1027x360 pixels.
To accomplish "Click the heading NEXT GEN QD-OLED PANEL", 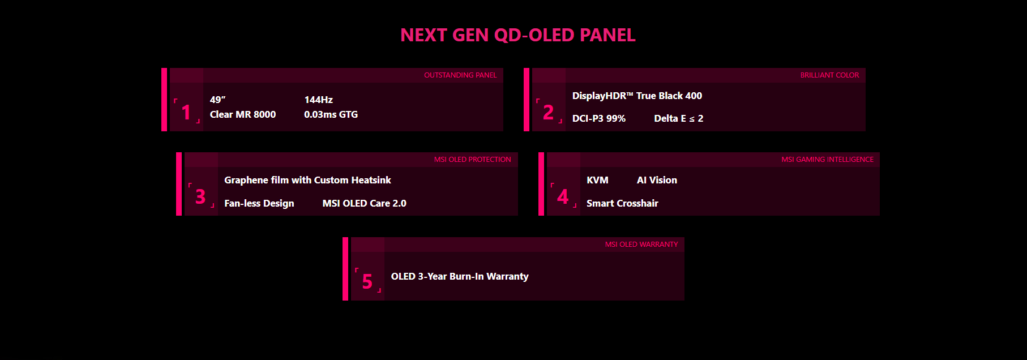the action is click(517, 35).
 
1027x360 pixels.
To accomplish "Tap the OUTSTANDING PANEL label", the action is click(460, 75).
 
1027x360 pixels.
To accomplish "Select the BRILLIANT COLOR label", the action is click(829, 75).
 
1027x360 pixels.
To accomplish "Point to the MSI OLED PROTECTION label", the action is click(472, 160).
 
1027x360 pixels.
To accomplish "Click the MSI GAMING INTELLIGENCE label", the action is click(827, 160).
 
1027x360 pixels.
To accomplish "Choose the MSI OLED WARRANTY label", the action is click(641, 245).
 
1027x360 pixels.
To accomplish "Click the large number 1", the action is click(186, 113).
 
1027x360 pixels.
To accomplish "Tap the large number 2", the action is click(548, 113).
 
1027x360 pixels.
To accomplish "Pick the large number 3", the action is click(200, 197).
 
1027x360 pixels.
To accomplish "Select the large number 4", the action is click(563, 197).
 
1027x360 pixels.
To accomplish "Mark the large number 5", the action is click(367, 282).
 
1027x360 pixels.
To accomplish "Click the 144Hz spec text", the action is click(319, 100).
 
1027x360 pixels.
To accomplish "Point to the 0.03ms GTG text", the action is click(331, 114).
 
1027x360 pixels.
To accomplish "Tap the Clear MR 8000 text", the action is click(243, 114).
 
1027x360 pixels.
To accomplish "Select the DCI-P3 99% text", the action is click(599, 118).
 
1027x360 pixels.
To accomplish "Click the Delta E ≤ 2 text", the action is click(679, 118).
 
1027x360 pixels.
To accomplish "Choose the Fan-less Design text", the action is click(259, 203).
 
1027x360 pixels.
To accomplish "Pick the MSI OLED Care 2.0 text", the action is click(365, 203).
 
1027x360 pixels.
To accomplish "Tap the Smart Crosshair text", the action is click(622, 203).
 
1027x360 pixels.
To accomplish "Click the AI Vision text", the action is click(657, 180).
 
